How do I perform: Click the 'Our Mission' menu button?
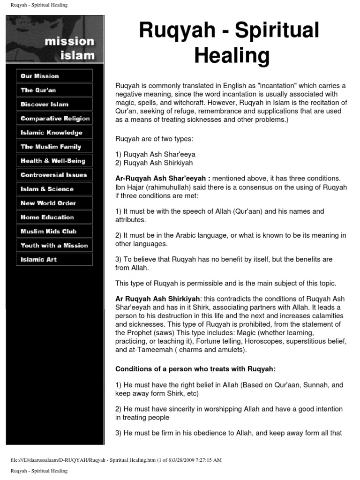(x=54, y=76)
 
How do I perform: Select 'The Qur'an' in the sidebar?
(x=54, y=90)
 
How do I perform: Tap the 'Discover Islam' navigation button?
(x=54, y=104)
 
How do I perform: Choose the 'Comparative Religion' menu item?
(x=54, y=119)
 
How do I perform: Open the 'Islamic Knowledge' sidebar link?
(x=54, y=133)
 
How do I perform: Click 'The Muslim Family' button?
(x=54, y=147)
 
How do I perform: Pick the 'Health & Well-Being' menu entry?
(x=54, y=161)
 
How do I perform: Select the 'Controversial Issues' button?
(x=54, y=175)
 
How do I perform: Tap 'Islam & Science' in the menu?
(x=54, y=189)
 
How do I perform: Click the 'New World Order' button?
(x=54, y=203)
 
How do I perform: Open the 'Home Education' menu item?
(x=54, y=217)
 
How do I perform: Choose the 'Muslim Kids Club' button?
(x=54, y=231)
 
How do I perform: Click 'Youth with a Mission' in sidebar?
(x=54, y=245)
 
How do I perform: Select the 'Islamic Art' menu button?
(x=54, y=259)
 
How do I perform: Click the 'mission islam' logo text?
(x=69, y=48)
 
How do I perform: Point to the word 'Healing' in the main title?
(x=232, y=56)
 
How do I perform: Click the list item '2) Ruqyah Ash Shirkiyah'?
(x=154, y=163)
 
